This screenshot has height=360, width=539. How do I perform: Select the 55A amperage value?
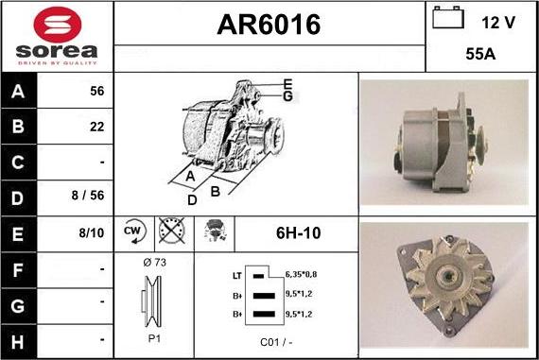click(x=482, y=56)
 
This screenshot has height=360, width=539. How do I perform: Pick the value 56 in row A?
click(x=96, y=92)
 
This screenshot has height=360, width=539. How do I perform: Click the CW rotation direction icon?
click(x=132, y=232)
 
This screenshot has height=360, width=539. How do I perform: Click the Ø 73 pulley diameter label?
click(x=153, y=263)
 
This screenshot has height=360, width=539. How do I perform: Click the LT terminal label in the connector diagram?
click(x=237, y=275)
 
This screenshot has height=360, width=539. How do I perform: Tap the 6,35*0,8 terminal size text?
click(x=302, y=274)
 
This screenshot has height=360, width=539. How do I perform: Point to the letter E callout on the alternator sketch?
click(x=287, y=85)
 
